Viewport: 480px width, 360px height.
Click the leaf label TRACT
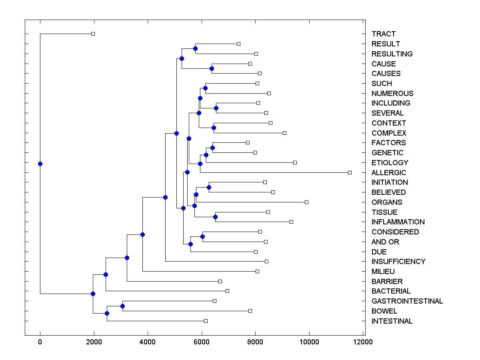383,34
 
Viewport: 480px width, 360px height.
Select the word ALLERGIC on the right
388,173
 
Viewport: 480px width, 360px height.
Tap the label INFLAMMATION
398,222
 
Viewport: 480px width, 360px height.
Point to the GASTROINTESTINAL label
407,301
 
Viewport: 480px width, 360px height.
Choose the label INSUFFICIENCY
398,262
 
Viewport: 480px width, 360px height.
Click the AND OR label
385,242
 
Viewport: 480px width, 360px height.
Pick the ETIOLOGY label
390,163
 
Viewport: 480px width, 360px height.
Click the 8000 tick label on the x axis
255,342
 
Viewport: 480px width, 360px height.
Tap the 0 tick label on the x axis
40,342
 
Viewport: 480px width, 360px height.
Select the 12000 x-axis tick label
363,342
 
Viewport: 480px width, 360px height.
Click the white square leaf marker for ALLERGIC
350,172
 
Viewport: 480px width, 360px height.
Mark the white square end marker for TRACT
93,34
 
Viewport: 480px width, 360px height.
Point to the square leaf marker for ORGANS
306,202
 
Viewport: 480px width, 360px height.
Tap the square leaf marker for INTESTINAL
206,321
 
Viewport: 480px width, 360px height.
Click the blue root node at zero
40,164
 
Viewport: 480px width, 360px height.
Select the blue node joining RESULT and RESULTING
195,49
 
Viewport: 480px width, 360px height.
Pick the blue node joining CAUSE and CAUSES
212,68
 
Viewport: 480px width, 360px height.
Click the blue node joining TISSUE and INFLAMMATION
215,217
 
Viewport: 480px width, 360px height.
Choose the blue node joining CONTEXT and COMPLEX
214,128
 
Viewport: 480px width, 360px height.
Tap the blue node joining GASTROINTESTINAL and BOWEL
122,306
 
